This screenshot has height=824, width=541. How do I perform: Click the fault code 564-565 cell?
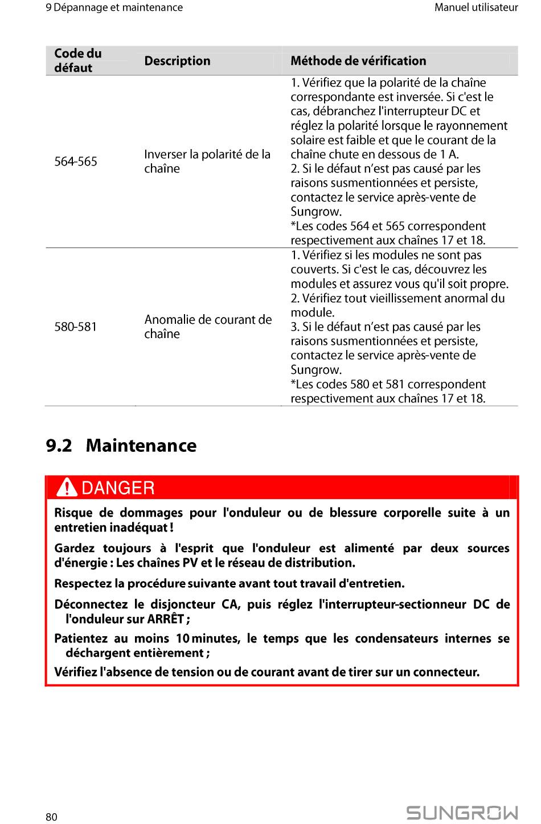76,162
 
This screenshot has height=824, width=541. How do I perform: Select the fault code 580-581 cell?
76,327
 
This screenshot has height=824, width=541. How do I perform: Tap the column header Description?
177,61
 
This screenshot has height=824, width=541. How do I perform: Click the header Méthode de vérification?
358,61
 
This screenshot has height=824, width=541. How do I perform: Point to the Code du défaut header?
78,60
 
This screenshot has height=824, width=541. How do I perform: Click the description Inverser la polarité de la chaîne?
207,162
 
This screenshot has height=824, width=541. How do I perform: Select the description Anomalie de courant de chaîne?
208,327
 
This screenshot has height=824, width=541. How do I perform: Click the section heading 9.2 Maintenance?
121,445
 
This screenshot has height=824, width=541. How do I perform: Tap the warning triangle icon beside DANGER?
68,488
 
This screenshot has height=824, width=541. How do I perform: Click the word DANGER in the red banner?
118,488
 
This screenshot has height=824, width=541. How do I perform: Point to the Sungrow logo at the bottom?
462,813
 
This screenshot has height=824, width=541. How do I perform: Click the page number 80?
51,817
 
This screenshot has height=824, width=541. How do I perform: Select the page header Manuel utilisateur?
476,7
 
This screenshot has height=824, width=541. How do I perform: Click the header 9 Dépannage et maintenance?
114,7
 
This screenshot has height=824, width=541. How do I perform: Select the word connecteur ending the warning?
445,672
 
